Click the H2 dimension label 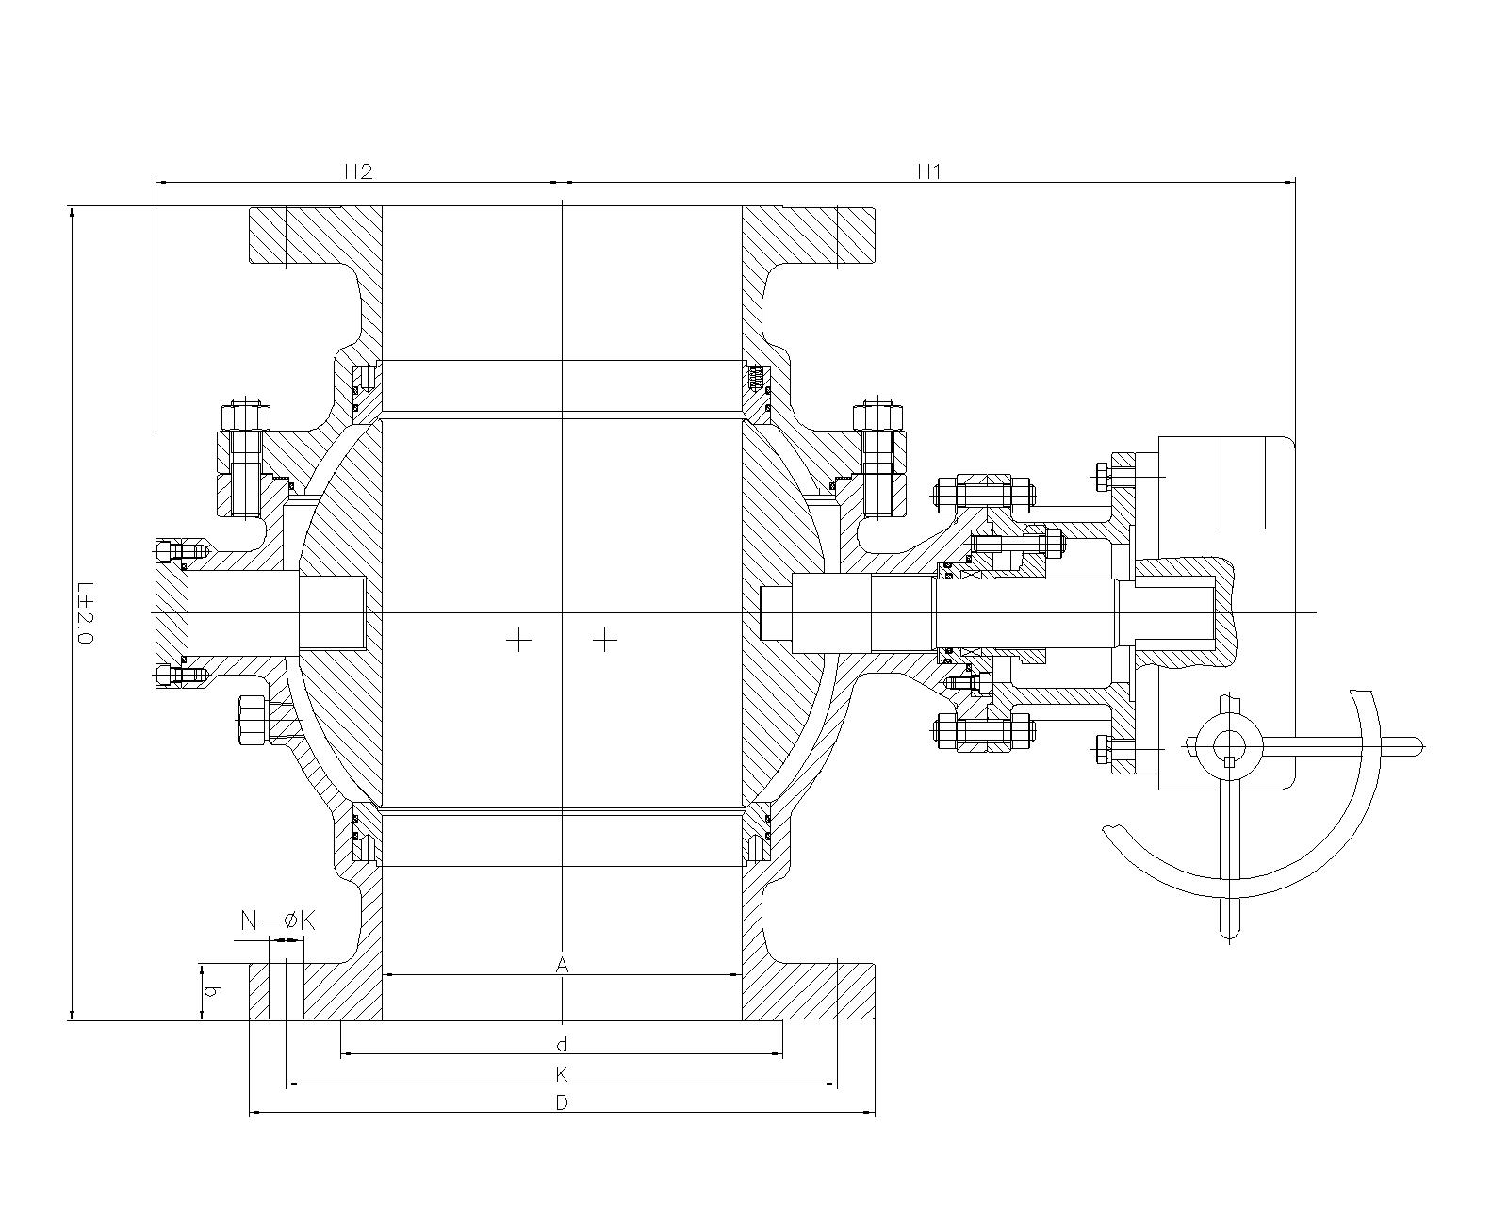point(358,171)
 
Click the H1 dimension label point(929,171)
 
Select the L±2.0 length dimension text point(86,612)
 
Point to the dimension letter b point(213,991)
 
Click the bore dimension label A point(562,965)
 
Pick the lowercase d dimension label point(562,1044)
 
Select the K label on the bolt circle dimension point(562,1074)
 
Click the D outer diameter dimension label point(562,1102)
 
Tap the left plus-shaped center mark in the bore point(518,641)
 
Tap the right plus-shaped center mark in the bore point(605,641)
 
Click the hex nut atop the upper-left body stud point(244,416)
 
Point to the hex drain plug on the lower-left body point(254,721)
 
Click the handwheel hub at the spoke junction point(1229,744)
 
